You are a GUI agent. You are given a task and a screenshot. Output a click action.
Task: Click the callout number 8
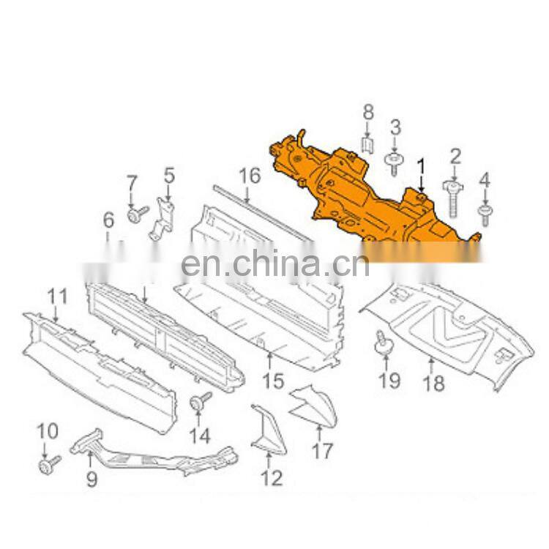[368, 112]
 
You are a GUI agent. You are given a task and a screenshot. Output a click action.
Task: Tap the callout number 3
[395, 128]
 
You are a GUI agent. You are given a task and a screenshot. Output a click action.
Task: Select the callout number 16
[250, 176]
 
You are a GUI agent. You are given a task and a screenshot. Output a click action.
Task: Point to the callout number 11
[57, 296]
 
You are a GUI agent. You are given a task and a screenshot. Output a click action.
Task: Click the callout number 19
[389, 381]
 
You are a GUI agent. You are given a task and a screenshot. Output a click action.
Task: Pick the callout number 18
[433, 383]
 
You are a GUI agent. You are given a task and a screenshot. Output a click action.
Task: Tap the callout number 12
[271, 479]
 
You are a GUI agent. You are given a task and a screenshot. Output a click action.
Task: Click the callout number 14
[199, 436]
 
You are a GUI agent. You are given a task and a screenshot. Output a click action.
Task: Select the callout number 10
[47, 432]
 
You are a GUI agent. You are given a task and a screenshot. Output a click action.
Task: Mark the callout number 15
[272, 381]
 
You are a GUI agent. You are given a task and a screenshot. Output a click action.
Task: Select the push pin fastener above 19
[383, 342]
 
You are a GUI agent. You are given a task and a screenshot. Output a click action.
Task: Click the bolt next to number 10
[50, 463]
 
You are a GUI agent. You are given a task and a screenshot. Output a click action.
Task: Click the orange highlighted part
[366, 190]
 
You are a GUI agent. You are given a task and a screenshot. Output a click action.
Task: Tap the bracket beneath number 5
[164, 217]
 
